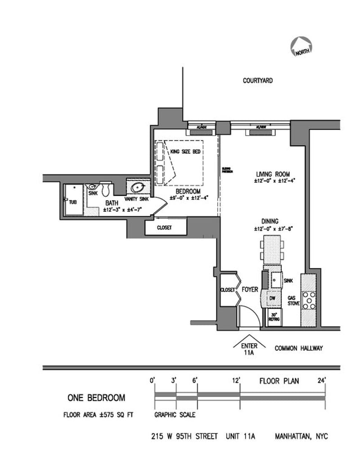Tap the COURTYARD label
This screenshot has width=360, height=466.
click(x=258, y=81)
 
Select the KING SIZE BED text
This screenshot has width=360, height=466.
click(x=185, y=152)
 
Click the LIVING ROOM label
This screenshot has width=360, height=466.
click(x=273, y=174)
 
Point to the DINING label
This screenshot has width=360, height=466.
click(x=270, y=221)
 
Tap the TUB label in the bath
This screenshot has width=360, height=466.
click(x=72, y=202)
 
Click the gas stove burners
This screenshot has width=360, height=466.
click(x=309, y=300)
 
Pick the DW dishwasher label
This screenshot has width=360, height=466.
click(x=272, y=299)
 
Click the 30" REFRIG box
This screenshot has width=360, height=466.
click(x=274, y=316)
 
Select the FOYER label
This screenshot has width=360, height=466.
click(x=250, y=290)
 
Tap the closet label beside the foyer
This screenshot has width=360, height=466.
click(x=228, y=290)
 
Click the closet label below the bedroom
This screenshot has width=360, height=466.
click(x=164, y=228)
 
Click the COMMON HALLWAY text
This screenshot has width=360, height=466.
click(x=299, y=348)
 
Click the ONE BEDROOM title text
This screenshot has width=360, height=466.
click(x=96, y=398)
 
